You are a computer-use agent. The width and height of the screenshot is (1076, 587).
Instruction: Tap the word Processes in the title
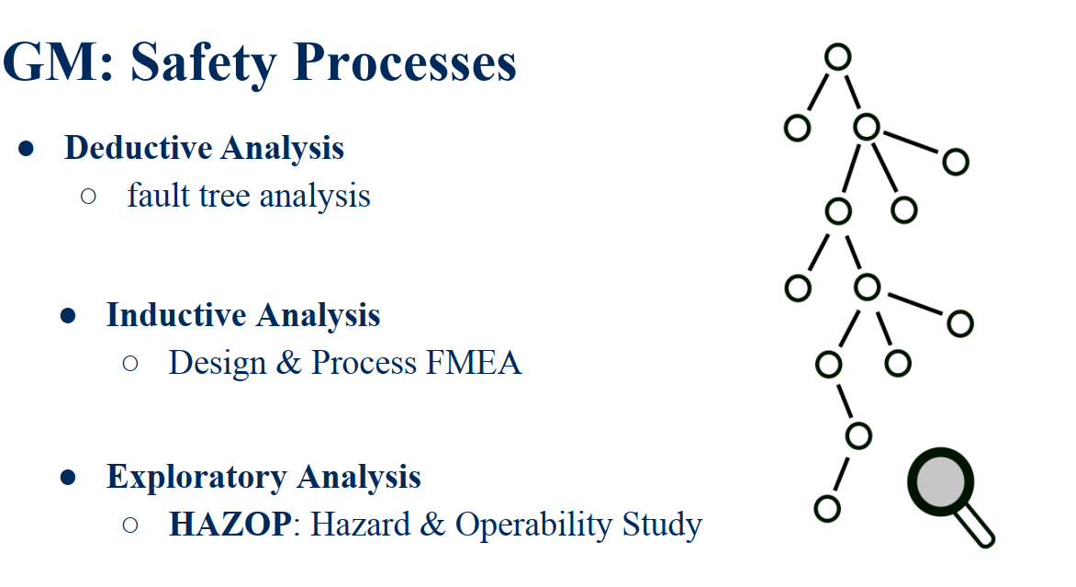(404, 62)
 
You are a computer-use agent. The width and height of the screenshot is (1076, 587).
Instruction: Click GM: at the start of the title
(58, 62)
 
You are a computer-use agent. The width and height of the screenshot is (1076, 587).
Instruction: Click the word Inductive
(176, 315)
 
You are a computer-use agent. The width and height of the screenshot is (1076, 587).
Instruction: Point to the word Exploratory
(196, 477)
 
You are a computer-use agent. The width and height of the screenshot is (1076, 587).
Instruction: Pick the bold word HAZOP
(230, 525)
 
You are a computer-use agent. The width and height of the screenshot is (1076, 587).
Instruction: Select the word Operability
(534, 525)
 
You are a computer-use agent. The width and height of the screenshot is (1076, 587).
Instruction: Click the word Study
(662, 525)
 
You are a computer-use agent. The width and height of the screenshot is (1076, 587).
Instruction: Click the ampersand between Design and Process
(288, 363)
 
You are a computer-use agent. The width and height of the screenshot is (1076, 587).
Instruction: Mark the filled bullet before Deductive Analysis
(26, 148)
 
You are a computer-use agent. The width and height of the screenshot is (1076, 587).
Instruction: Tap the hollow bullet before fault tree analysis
(88, 197)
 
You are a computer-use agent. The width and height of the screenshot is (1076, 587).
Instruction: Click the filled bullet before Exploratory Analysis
(68, 477)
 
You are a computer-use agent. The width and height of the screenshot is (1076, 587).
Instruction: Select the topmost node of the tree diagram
(838, 57)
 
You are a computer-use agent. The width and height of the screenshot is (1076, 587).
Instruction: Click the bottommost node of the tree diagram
(827, 509)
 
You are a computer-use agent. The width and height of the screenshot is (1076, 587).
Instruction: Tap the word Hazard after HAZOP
(359, 525)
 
